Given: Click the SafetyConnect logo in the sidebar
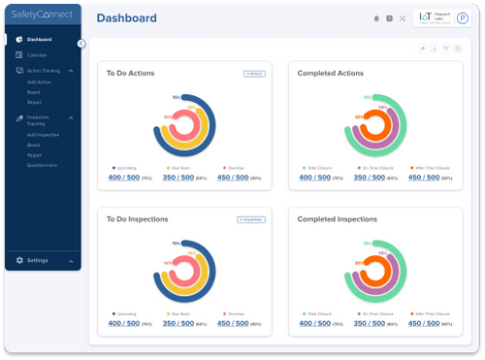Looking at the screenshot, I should point(42,16).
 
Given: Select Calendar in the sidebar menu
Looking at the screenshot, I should point(37,55).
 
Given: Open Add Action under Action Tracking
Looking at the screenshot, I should point(40,83).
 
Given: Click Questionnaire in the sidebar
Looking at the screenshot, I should point(42,165).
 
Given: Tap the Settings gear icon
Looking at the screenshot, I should point(19,261).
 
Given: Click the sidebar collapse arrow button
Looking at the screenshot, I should point(81,43).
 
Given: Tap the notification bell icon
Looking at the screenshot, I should point(376,18).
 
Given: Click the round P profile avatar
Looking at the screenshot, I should point(463,18).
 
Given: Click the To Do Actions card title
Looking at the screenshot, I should point(130,74).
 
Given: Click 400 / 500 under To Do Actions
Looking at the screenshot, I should point(124,178).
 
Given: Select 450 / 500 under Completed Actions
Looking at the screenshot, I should point(426,178).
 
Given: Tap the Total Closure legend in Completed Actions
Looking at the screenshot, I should point(318,168).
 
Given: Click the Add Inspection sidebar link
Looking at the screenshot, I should point(42,134).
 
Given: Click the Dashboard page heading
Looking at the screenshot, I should point(127,17).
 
